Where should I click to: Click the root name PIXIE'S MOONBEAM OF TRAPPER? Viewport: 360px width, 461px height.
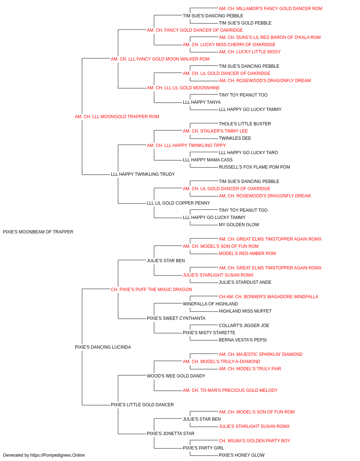[38, 232]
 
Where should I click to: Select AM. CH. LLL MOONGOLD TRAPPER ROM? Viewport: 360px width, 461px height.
[117, 117]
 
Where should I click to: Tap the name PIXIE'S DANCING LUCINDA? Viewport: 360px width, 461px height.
[103, 347]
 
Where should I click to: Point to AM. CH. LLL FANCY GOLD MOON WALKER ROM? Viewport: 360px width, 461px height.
[160, 59]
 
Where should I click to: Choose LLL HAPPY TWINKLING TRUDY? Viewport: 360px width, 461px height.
[143, 174]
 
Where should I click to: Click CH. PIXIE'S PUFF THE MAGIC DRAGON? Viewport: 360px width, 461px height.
[151, 290]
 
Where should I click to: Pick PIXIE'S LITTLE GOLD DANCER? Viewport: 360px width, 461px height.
[142, 405]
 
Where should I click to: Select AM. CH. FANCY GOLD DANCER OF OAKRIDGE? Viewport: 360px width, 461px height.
[195, 30]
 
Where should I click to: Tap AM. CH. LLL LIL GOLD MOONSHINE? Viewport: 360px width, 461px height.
[183, 88]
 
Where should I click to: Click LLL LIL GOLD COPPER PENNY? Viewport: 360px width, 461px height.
[178, 203]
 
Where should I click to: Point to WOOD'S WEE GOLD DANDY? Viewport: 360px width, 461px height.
[176, 376]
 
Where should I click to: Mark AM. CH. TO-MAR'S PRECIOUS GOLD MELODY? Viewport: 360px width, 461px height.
[230, 390]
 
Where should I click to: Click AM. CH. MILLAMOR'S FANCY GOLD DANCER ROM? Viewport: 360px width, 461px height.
[270, 9]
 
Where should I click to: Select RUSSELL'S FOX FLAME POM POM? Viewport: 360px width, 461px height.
[255, 167]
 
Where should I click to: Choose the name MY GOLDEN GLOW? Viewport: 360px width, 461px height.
[239, 225]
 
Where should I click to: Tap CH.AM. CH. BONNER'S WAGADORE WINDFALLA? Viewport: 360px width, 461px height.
[269, 296]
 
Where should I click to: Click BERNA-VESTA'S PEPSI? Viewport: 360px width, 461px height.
[243, 340]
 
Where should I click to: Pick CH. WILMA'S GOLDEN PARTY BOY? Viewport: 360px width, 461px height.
[255, 441]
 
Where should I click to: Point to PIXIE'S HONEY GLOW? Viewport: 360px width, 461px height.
[242, 455]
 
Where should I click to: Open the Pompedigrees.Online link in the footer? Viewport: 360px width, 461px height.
[58, 455]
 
